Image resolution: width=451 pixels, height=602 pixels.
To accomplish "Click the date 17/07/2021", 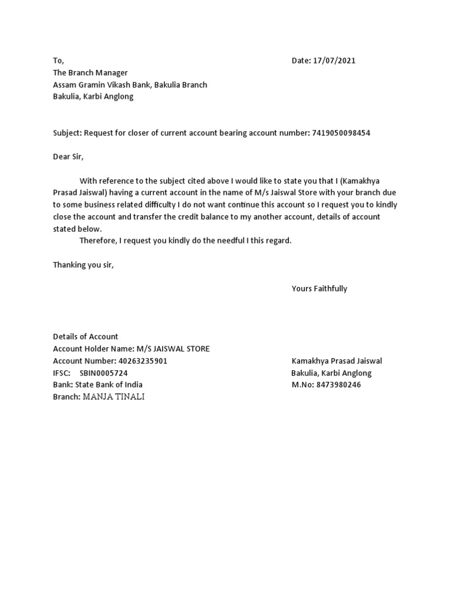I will [334, 61].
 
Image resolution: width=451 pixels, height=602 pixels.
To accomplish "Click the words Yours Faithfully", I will [319, 289].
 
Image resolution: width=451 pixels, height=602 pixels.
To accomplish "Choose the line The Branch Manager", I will [90, 73].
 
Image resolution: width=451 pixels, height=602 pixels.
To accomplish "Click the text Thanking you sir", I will [83, 265].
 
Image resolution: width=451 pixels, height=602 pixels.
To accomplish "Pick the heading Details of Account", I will [85, 337].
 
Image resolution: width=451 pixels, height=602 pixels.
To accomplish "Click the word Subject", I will [66, 133].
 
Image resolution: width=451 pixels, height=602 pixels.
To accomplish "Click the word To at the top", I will [58, 61].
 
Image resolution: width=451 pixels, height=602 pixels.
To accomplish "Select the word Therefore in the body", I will [98, 240].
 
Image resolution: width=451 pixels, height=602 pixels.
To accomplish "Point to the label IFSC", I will [61, 373].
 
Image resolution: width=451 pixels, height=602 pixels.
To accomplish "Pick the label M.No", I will [303, 384].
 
